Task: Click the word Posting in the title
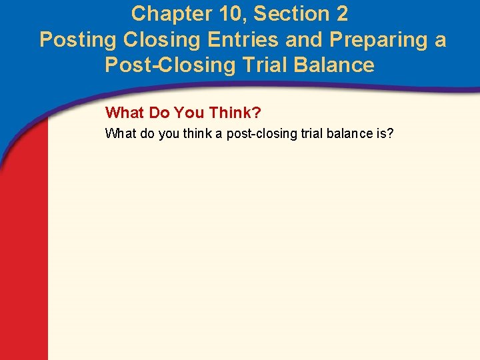tap(78, 40)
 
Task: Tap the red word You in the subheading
tap(189, 112)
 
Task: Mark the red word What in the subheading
tap(124, 112)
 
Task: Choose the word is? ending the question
tap(385, 134)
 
